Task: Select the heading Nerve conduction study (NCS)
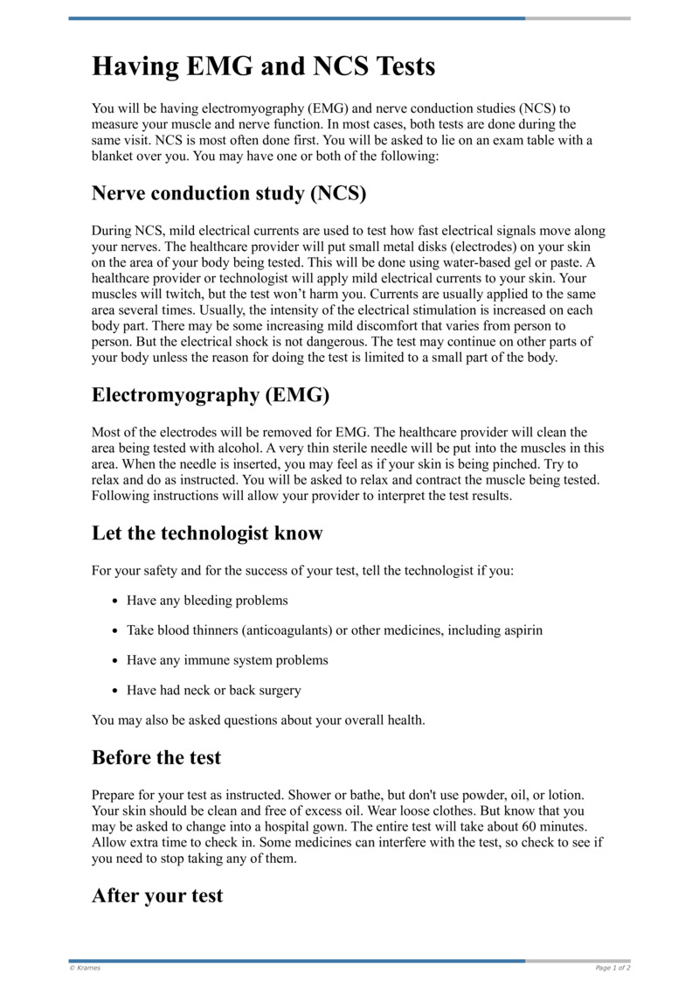tap(228, 193)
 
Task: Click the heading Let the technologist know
tap(207, 533)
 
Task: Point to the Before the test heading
tap(156, 757)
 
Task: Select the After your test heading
tap(157, 896)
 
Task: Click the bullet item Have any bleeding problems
tap(207, 601)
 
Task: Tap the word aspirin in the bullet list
tap(521, 630)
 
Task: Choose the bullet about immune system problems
tap(227, 660)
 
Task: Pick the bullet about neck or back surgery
tap(213, 690)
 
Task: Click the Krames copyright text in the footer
tap(84, 968)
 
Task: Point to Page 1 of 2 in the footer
tap(612, 968)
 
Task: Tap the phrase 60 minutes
tap(557, 826)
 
